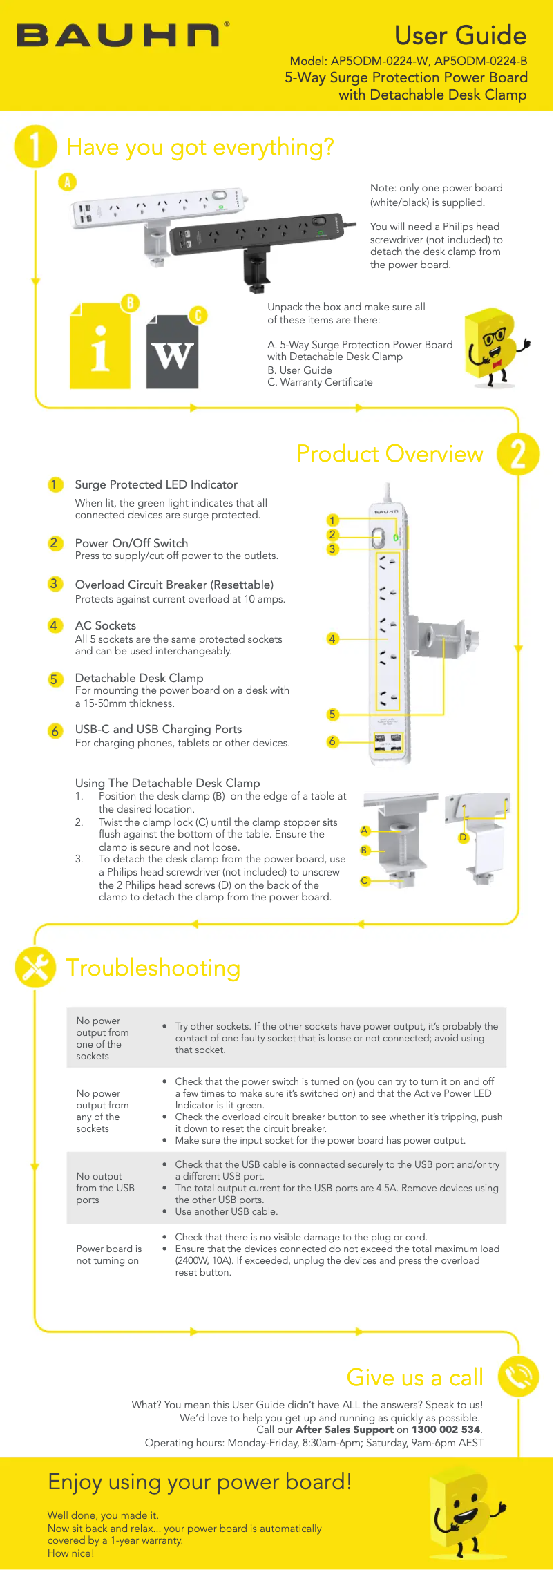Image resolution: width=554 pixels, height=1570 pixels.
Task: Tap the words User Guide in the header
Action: coord(460,35)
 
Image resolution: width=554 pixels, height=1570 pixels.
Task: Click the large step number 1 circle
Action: coord(35,146)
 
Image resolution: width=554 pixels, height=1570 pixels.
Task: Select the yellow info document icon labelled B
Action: coord(100,347)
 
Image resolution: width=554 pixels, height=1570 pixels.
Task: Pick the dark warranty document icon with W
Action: coord(173,352)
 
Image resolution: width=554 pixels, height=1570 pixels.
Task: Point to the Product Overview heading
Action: coord(390,453)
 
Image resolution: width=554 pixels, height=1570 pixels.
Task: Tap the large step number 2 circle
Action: coord(518,453)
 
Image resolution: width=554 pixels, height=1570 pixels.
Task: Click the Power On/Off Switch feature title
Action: coord(131,543)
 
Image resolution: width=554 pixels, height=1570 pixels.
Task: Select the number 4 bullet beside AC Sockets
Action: coord(55,625)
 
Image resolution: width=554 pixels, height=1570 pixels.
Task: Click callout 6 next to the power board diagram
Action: coord(332,741)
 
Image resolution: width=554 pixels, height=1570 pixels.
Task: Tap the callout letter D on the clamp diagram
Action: coord(464,838)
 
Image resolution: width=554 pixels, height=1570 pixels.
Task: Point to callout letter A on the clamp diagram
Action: coord(365,831)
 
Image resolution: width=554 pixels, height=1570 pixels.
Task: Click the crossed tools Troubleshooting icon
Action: coord(35,967)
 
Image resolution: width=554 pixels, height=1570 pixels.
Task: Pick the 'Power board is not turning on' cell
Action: coord(108,1255)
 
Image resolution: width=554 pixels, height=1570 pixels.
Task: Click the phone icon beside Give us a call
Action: coord(518,1377)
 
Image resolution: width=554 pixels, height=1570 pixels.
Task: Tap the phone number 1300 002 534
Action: coord(446,1430)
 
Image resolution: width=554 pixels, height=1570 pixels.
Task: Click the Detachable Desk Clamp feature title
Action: coord(139,678)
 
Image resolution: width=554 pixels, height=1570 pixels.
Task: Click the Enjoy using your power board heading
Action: coord(200,1482)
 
